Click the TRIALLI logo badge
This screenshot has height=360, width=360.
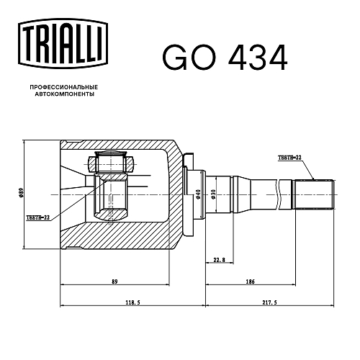63,44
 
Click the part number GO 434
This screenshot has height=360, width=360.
225,58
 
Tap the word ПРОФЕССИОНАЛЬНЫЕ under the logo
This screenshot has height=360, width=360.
64,87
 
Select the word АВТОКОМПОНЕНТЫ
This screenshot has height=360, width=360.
65,94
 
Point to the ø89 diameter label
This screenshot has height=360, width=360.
21,193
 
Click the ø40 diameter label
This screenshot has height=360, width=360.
198,194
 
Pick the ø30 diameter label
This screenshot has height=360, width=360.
213,194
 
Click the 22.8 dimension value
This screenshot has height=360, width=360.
219,260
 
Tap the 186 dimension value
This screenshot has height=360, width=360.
250,282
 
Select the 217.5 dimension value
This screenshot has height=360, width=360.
269,302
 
